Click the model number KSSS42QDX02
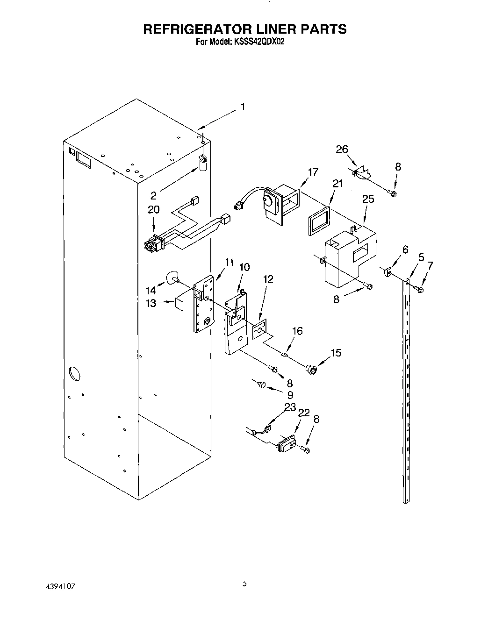coord(258,41)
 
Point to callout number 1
coord(242,107)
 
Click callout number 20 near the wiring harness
coord(153,210)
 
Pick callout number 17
coord(313,172)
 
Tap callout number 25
coord(368,199)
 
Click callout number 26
coord(342,150)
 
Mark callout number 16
coord(297,331)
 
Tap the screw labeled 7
coord(420,290)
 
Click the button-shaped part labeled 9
coord(262,384)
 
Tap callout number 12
coord(268,279)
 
